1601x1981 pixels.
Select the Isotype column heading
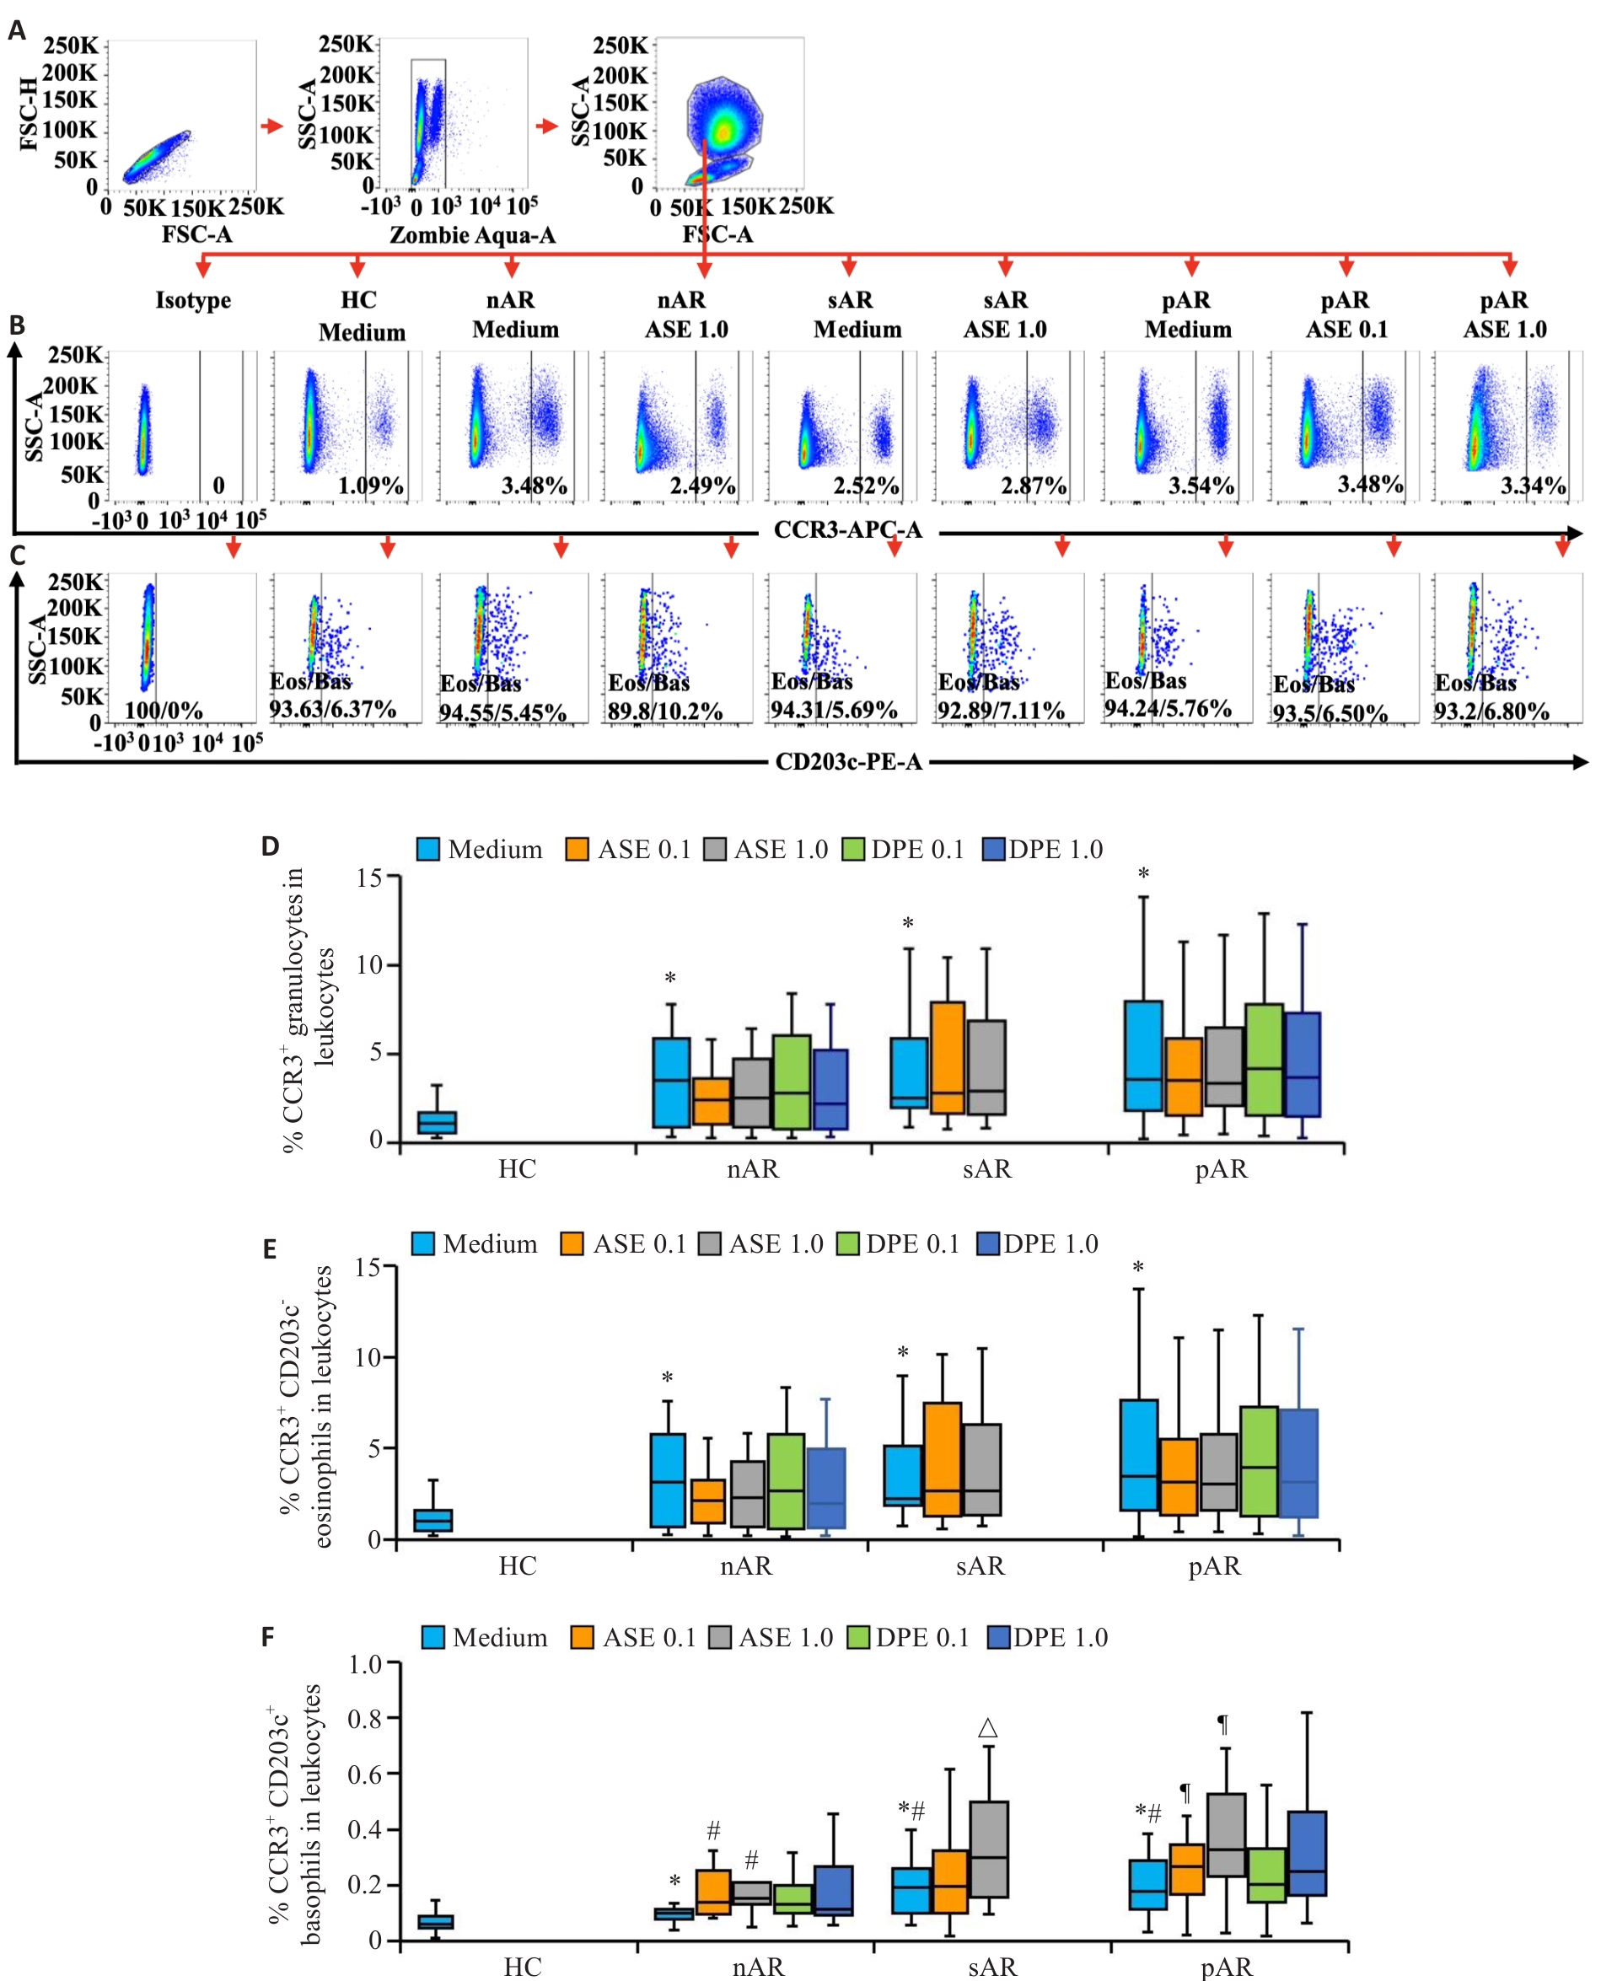pos(193,300)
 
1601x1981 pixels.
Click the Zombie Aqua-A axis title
pos(472,235)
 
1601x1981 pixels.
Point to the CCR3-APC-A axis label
pos(847,529)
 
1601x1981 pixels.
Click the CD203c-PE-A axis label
pos(848,762)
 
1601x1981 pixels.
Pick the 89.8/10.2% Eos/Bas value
pos(664,712)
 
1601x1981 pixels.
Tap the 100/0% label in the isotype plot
pos(164,710)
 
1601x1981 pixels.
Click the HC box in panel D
pos(438,1121)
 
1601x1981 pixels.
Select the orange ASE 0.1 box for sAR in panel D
pos(947,1057)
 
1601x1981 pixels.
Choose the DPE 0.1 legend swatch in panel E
pos(847,1244)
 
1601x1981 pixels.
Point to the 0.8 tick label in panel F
pos(366,1719)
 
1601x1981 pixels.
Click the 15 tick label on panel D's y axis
pos(369,877)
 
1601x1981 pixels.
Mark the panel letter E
pos(269,1249)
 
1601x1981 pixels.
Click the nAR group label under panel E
pos(746,1566)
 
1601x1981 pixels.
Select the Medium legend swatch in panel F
pos(433,1638)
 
